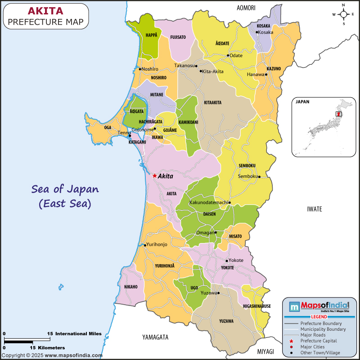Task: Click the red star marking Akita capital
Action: point(154,176)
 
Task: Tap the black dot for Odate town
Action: point(228,55)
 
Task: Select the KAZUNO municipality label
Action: point(274,69)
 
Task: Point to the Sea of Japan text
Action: point(65,189)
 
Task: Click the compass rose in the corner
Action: point(343,14)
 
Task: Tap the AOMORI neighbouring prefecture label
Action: point(246,8)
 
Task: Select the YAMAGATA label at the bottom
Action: point(155,337)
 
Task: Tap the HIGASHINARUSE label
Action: point(257,306)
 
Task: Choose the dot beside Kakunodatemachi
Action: point(229,202)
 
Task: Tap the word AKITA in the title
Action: point(46,11)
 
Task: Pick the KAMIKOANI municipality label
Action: point(188,122)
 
